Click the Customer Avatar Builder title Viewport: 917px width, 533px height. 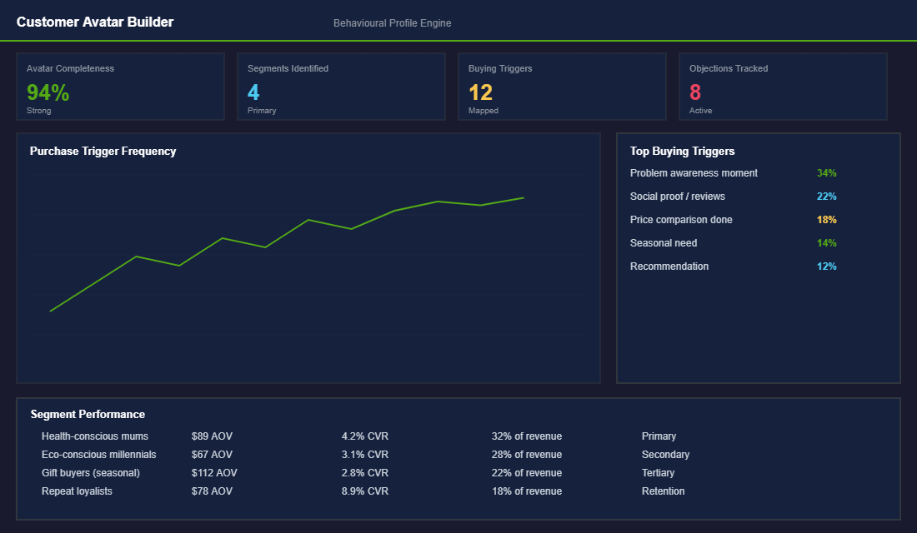pos(95,22)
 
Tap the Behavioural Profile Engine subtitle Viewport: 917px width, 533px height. pos(392,23)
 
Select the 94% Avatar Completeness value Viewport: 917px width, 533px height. pos(48,92)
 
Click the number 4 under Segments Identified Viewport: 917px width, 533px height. pos(253,92)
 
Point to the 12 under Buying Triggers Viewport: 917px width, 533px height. pos(480,92)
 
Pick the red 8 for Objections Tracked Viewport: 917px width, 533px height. pos(695,92)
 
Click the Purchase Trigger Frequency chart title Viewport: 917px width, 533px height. pos(103,152)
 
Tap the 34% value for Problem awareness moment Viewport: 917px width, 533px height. pos(826,173)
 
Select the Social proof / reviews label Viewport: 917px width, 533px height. pos(677,197)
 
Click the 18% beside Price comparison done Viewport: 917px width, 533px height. pos(826,220)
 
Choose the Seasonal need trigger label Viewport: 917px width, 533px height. pos(663,243)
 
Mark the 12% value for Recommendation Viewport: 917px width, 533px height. pos(826,266)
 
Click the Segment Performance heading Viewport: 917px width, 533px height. pos(88,414)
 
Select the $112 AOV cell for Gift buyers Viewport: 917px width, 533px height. pos(214,473)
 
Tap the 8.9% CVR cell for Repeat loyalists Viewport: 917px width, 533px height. pos(364,491)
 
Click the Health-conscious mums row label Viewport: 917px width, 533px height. pos(94,436)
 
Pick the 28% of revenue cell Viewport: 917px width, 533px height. pos(526,455)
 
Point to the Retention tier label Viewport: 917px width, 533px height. pos(663,491)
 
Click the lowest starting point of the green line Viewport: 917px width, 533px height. pos(51,311)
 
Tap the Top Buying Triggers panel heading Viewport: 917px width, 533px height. pos(682,152)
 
